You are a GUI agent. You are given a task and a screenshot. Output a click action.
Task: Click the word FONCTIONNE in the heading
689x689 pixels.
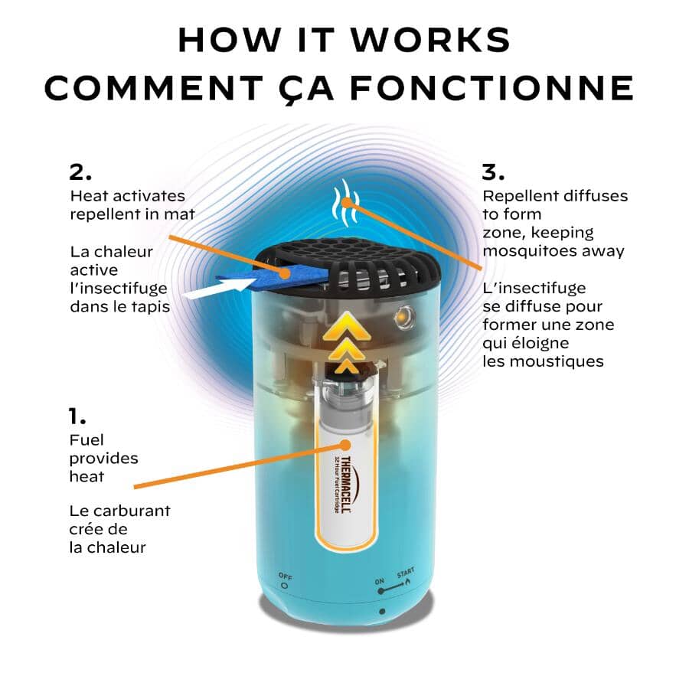492,87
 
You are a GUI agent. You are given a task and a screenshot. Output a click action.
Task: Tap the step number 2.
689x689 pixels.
80,171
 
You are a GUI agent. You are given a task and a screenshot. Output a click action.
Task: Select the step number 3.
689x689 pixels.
493,171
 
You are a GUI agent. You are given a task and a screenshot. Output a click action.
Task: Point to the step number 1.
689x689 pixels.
77,416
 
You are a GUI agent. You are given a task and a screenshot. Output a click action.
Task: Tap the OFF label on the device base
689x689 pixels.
285,576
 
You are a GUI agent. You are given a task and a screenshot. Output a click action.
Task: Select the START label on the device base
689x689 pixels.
405,573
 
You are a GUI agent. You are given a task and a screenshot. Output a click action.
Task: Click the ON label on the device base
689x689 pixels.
380,581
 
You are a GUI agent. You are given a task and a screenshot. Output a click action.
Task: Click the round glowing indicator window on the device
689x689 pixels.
404,318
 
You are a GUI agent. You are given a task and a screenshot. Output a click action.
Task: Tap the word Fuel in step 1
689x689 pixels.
87,440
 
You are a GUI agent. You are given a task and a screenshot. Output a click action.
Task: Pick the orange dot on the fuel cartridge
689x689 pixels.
345,445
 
